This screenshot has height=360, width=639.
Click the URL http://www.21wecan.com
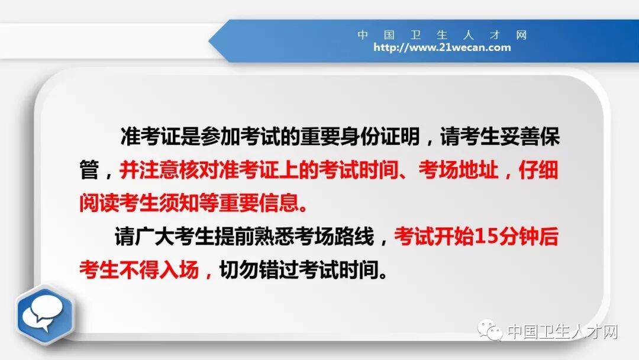point(442,48)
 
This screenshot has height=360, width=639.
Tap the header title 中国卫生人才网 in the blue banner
point(442,34)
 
